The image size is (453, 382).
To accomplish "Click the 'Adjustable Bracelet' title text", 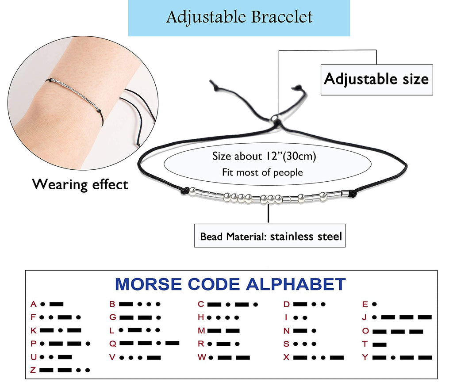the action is tap(239, 17).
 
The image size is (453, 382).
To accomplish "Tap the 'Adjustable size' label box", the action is tap(376, 79).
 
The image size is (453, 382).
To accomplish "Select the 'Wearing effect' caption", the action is tap(80, 184).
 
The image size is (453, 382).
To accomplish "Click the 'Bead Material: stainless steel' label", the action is tap(271, 236).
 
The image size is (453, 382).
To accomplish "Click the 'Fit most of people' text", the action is tap(262, 172).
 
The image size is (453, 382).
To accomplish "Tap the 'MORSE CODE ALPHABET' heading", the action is tap(230, 284).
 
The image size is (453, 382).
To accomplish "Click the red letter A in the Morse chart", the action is tap(33, 304).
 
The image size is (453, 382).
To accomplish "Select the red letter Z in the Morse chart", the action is tap(33, 370).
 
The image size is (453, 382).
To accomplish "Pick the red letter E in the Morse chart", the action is tap(365, 304).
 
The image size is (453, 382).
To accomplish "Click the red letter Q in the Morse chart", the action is tap(112, 344).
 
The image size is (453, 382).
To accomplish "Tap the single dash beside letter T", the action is tap(380, 344).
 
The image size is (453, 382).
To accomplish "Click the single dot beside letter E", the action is tap(374, 304).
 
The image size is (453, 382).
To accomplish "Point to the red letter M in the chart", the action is tap(201, 331).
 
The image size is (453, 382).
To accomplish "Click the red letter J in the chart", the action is tap(365, 317).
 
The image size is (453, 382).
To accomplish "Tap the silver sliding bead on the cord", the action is tap(275, 118).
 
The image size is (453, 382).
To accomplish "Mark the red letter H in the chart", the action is tap(201, 317).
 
